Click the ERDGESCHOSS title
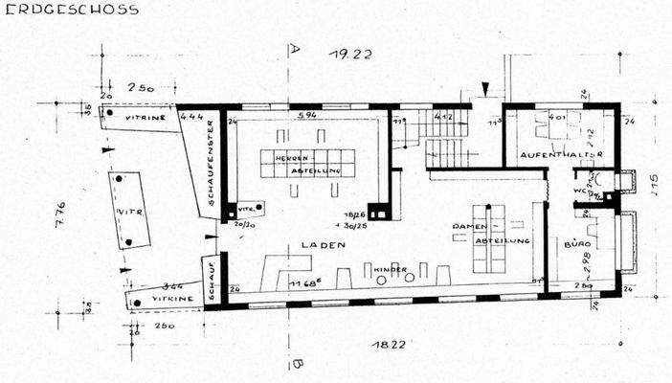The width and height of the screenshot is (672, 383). (70, 10)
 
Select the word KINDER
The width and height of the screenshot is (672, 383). (392, 269)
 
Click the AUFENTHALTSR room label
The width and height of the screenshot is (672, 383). (560, 154)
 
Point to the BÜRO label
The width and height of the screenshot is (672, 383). (576, 245)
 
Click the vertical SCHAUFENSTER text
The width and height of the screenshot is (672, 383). (211, 171)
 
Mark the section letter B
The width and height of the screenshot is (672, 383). (297, 364)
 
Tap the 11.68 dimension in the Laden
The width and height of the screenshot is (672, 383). (303, 282)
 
